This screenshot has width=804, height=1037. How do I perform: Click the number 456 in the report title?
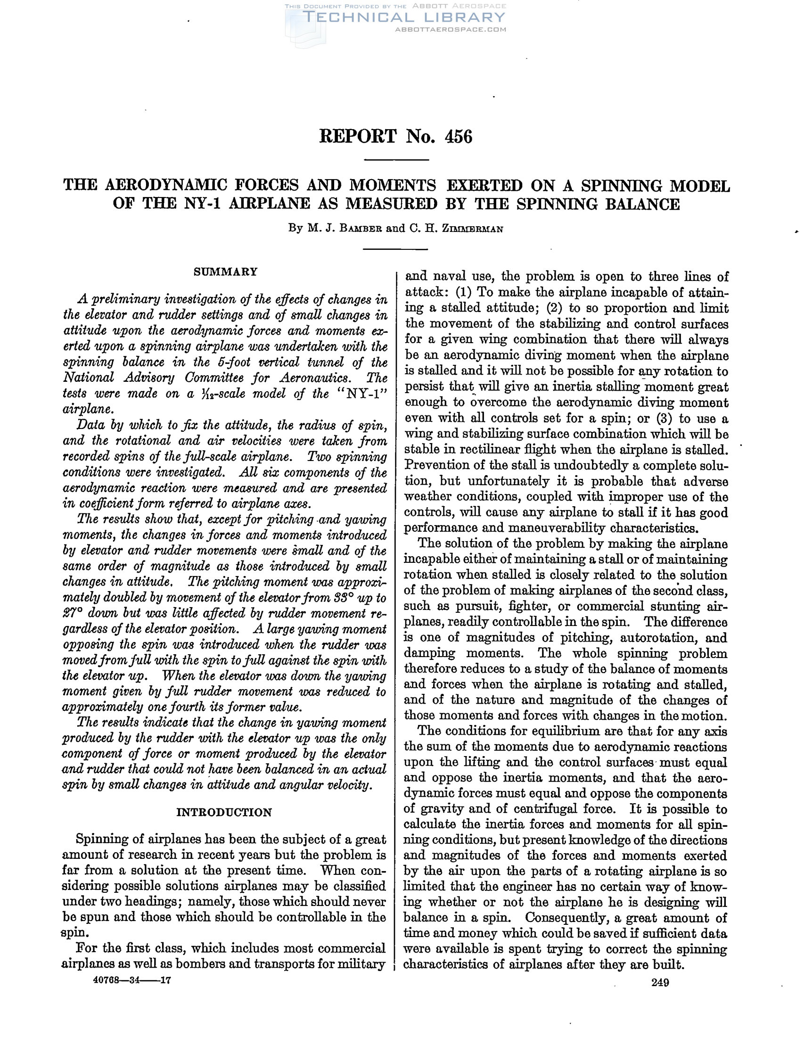coord(458,137)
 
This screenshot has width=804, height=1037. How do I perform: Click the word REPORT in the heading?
coord(357,137)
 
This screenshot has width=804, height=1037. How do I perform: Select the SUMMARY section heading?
coord(225,272)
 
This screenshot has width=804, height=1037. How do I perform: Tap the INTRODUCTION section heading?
coord(224,813)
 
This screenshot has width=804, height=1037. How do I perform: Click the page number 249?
coord(660,982)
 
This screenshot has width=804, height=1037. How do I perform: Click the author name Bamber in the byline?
coord(358,229)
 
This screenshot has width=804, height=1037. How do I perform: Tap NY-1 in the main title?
coord(203,204)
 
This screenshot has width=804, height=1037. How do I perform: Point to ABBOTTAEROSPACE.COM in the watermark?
coord(451,29)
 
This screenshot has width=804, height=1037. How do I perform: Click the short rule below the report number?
coord(395,159)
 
